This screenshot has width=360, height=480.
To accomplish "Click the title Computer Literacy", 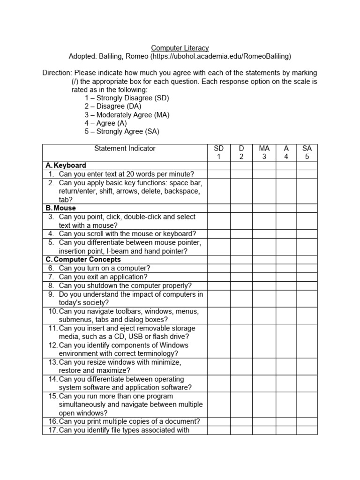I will [x=180, y=48].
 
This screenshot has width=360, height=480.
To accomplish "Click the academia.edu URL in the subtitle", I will [x=220, y=56].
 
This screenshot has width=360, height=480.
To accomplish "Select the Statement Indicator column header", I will [x=125, y=149].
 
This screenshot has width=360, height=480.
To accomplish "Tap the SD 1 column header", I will [x=218, y=152].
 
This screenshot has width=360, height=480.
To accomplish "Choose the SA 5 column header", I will [x=307, y=152].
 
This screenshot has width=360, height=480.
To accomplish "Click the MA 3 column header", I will [x=264, y=152].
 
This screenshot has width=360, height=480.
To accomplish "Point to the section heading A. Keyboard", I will [x=66, y=165].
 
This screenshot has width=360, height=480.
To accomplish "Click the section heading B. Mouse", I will [x=60, y=208].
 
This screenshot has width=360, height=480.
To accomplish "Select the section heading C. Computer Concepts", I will [x=83, y=259].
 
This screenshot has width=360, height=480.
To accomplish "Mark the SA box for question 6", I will [x=307, y=268].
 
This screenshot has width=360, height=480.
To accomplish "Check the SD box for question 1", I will [x=218, y=174].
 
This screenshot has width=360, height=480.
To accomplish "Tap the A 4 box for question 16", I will [x=286, y=421].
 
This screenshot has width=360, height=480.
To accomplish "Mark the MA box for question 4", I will [x=264, y=233].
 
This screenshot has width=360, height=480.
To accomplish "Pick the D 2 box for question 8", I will [x=241, y=285].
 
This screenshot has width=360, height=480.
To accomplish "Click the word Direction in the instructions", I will [x=57, y=73].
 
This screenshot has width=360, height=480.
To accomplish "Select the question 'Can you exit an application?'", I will [x=103, y=277].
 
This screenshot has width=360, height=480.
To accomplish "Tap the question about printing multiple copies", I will [x=129, y=421].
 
